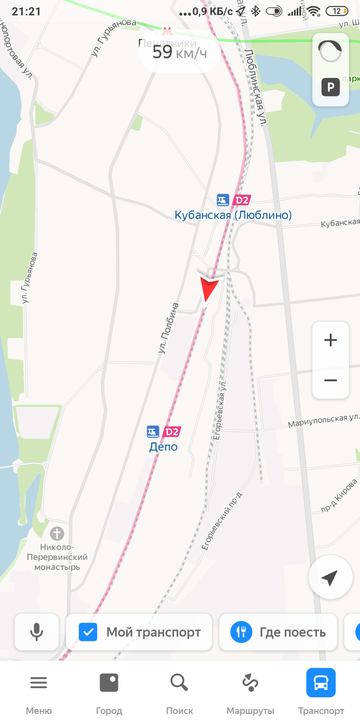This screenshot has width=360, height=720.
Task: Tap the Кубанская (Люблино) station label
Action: pyautogui.click(x=233, y=215)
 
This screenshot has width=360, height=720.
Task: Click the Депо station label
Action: pyautogui.click(x=163, y=446)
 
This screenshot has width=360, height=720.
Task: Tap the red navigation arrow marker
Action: pyautogui.click(x=210, y=288)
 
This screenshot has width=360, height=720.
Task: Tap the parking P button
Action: pyautogui.click(x=331, y=88)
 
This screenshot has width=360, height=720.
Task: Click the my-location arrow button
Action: pyautogui.click(x=329, y=578)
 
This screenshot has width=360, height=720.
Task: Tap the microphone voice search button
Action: pyautogui.click(x=37, y=632)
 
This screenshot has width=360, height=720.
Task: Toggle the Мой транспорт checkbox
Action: pyautogui.click(x=88, y=632)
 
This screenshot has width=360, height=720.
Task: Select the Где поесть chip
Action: pyautogui.click(x=279, y=632)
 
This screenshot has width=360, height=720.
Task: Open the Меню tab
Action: pyautogui.click(x=38, y=690)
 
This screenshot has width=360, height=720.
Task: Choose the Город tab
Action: pyautogui.click(x=109, y=690)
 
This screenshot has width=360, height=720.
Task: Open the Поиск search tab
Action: pyautogui.click(x=179, y=690)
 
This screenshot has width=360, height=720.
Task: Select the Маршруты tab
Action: pyautogui.click(x=250, y=690)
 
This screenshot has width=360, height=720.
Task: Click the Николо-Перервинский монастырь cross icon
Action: pyautogui.click(x=56, y=533)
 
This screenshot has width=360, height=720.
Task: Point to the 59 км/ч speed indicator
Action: pyautogui.click(x=179, y=52)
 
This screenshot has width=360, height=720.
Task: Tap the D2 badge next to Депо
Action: pyautogui.click(x=172, y=431)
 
